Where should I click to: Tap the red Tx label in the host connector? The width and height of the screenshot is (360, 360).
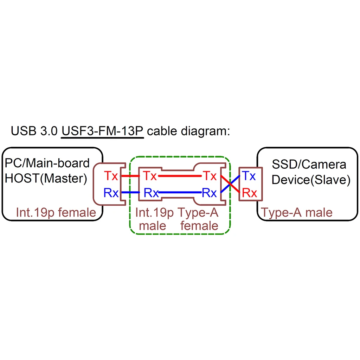pos(111,175)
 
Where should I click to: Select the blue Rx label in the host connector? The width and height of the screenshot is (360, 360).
pos(111,193)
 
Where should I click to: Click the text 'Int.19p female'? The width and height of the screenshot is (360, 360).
pos(56,212)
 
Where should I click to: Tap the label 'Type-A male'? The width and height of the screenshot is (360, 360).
pos(297,212)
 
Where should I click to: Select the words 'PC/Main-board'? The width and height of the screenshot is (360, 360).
pos(47,163)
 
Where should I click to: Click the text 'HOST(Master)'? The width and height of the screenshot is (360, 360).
pos(46,179)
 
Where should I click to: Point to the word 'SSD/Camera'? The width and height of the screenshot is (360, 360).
pos(309,164)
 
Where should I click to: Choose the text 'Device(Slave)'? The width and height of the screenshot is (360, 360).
pos(311,180)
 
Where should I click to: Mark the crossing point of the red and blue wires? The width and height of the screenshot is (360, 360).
pos(230,184)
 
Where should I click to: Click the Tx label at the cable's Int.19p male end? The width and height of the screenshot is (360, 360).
pos(150,175)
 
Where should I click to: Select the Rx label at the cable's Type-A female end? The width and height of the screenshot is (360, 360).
pos(210,193)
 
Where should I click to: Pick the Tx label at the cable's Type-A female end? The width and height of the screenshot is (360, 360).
pos(210,175)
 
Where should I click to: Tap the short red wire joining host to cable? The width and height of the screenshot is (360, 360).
pos(130,175)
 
